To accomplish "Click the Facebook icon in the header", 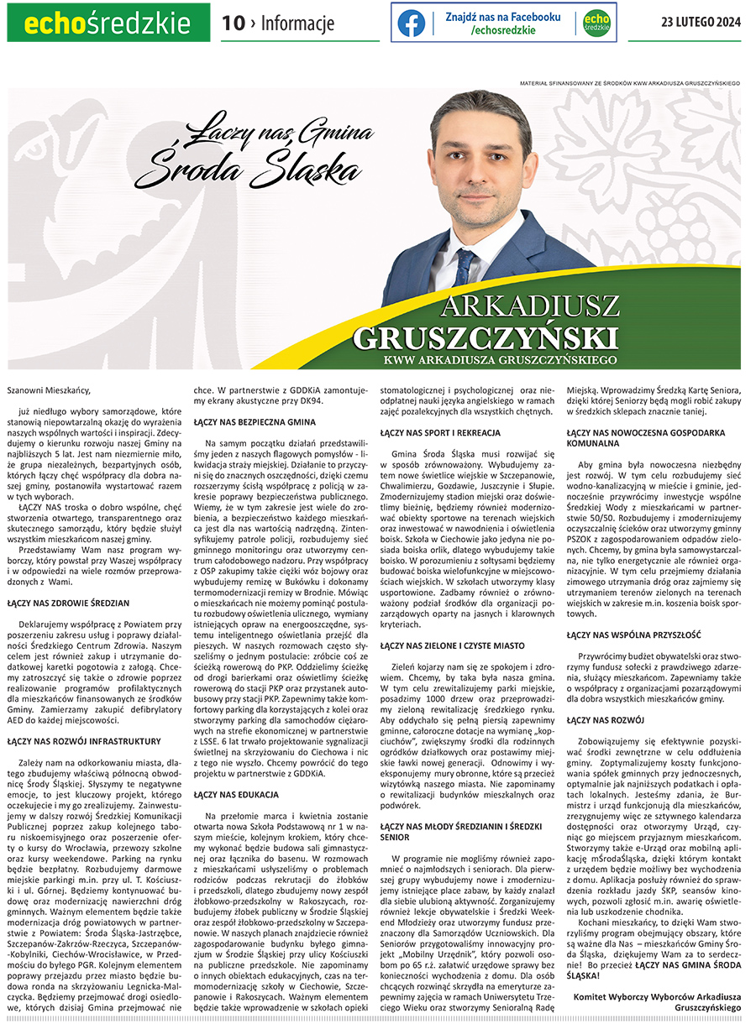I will point(412,24).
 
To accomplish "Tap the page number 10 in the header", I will point(233,24).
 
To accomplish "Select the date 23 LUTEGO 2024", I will point(701,23).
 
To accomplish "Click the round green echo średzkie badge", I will point(596,24).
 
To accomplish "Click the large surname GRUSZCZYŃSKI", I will point(486,337).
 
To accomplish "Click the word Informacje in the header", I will point(297,24).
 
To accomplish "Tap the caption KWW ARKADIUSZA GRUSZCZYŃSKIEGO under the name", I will point(500,359).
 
